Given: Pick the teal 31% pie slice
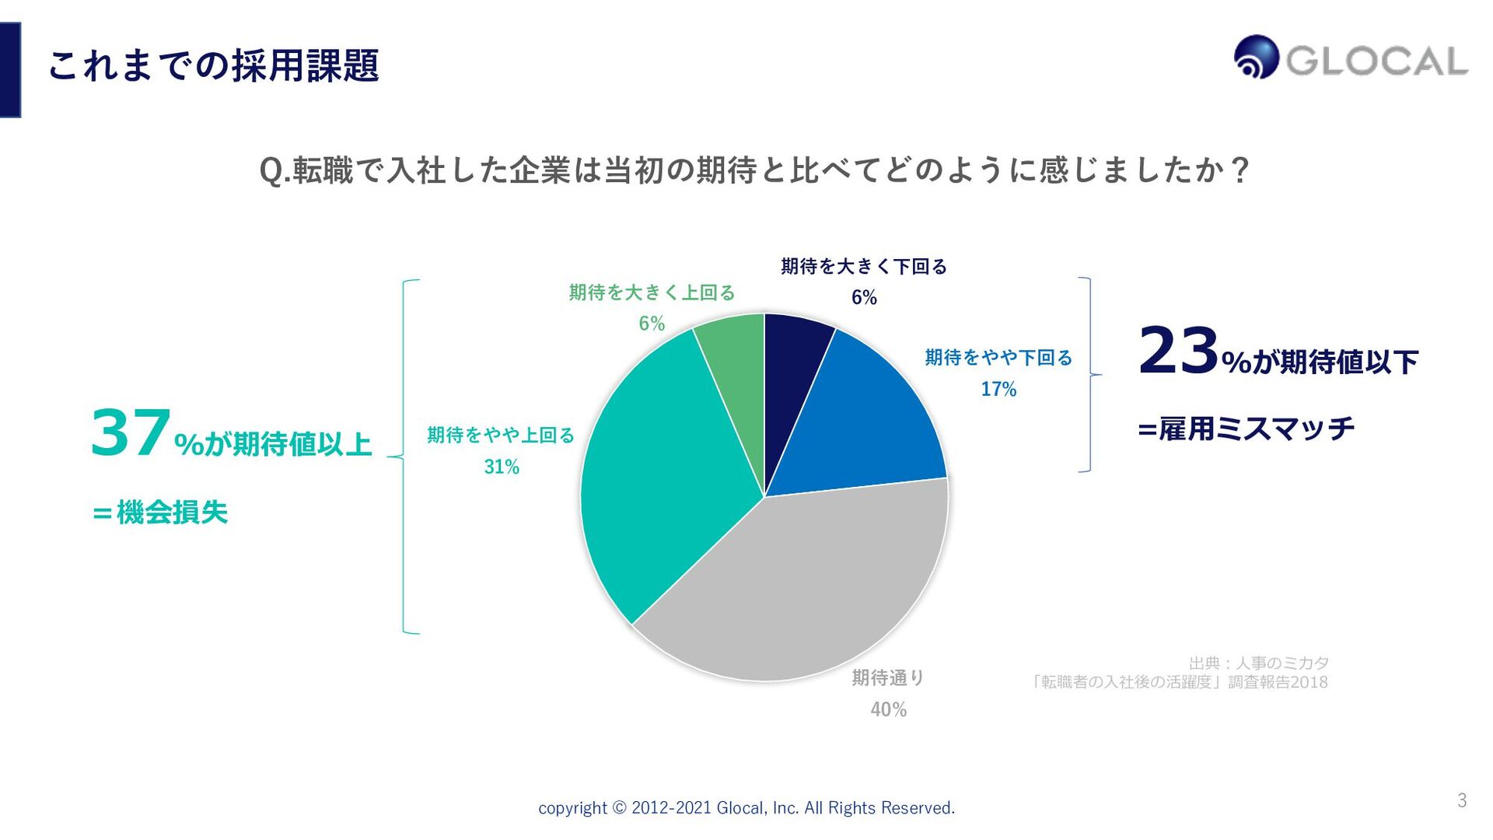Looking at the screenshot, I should (661, 482).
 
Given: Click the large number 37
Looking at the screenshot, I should (131, 434).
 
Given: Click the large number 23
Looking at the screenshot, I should (1178, 352).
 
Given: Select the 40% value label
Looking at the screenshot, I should (888, 709).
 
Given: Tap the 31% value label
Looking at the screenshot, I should (502, 467).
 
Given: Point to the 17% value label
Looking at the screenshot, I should (998, 389).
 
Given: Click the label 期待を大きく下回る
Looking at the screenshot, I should (864, 267).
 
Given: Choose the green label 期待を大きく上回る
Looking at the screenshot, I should (652, 292).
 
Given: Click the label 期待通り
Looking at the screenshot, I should (888, 678).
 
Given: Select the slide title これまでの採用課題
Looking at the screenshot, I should (213, 65).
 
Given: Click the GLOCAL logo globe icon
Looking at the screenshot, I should (1256, 57).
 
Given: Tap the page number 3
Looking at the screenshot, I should (1462, 800).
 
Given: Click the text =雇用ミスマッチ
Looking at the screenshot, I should (1246, 429).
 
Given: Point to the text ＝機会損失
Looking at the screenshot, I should (160, 513).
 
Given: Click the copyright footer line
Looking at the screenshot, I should (746, 808).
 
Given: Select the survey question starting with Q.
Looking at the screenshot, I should (754, 170).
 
